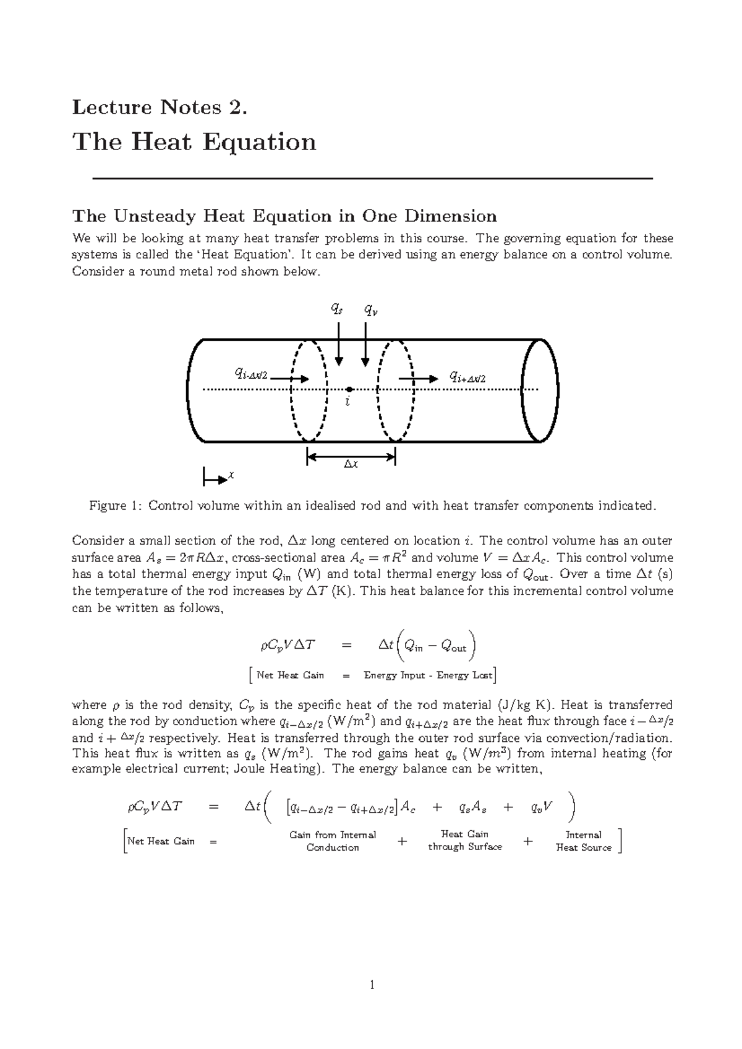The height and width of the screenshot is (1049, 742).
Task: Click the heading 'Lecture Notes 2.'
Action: pyautogui.click(x=160, y=107)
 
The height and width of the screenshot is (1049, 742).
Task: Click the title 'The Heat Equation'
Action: pyautogui.click(x=194, y=141)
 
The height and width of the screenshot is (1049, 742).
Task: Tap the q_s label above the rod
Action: pyautogui.click(x=336, y=309)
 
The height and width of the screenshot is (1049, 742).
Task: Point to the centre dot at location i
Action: pyautogui.click(x=349, y=389)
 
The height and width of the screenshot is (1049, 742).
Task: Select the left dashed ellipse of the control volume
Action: pyautogui.click(x=308, y=390)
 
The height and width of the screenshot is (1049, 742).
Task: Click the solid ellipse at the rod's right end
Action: pyautogui.click(x=540, y=390)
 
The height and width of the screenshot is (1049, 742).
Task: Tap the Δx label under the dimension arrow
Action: pyautogui.click(x=351, y=464)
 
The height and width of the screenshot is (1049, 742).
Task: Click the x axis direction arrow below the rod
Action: pyautogui.click(x=215, y=478)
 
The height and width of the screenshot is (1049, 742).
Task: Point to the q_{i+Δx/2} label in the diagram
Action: pyautogui.click(x=467, y=377)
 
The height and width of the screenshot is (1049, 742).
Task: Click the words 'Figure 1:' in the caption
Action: pyautogui.click(x=116, y=506)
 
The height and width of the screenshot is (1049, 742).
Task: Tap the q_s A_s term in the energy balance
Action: pyautogui.click(x=473, y=807)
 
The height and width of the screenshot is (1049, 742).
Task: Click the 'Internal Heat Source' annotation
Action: pyautogui.click(x=584, y=841)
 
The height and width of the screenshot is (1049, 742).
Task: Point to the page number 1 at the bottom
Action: pyautogui.click(x=372, y=985)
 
